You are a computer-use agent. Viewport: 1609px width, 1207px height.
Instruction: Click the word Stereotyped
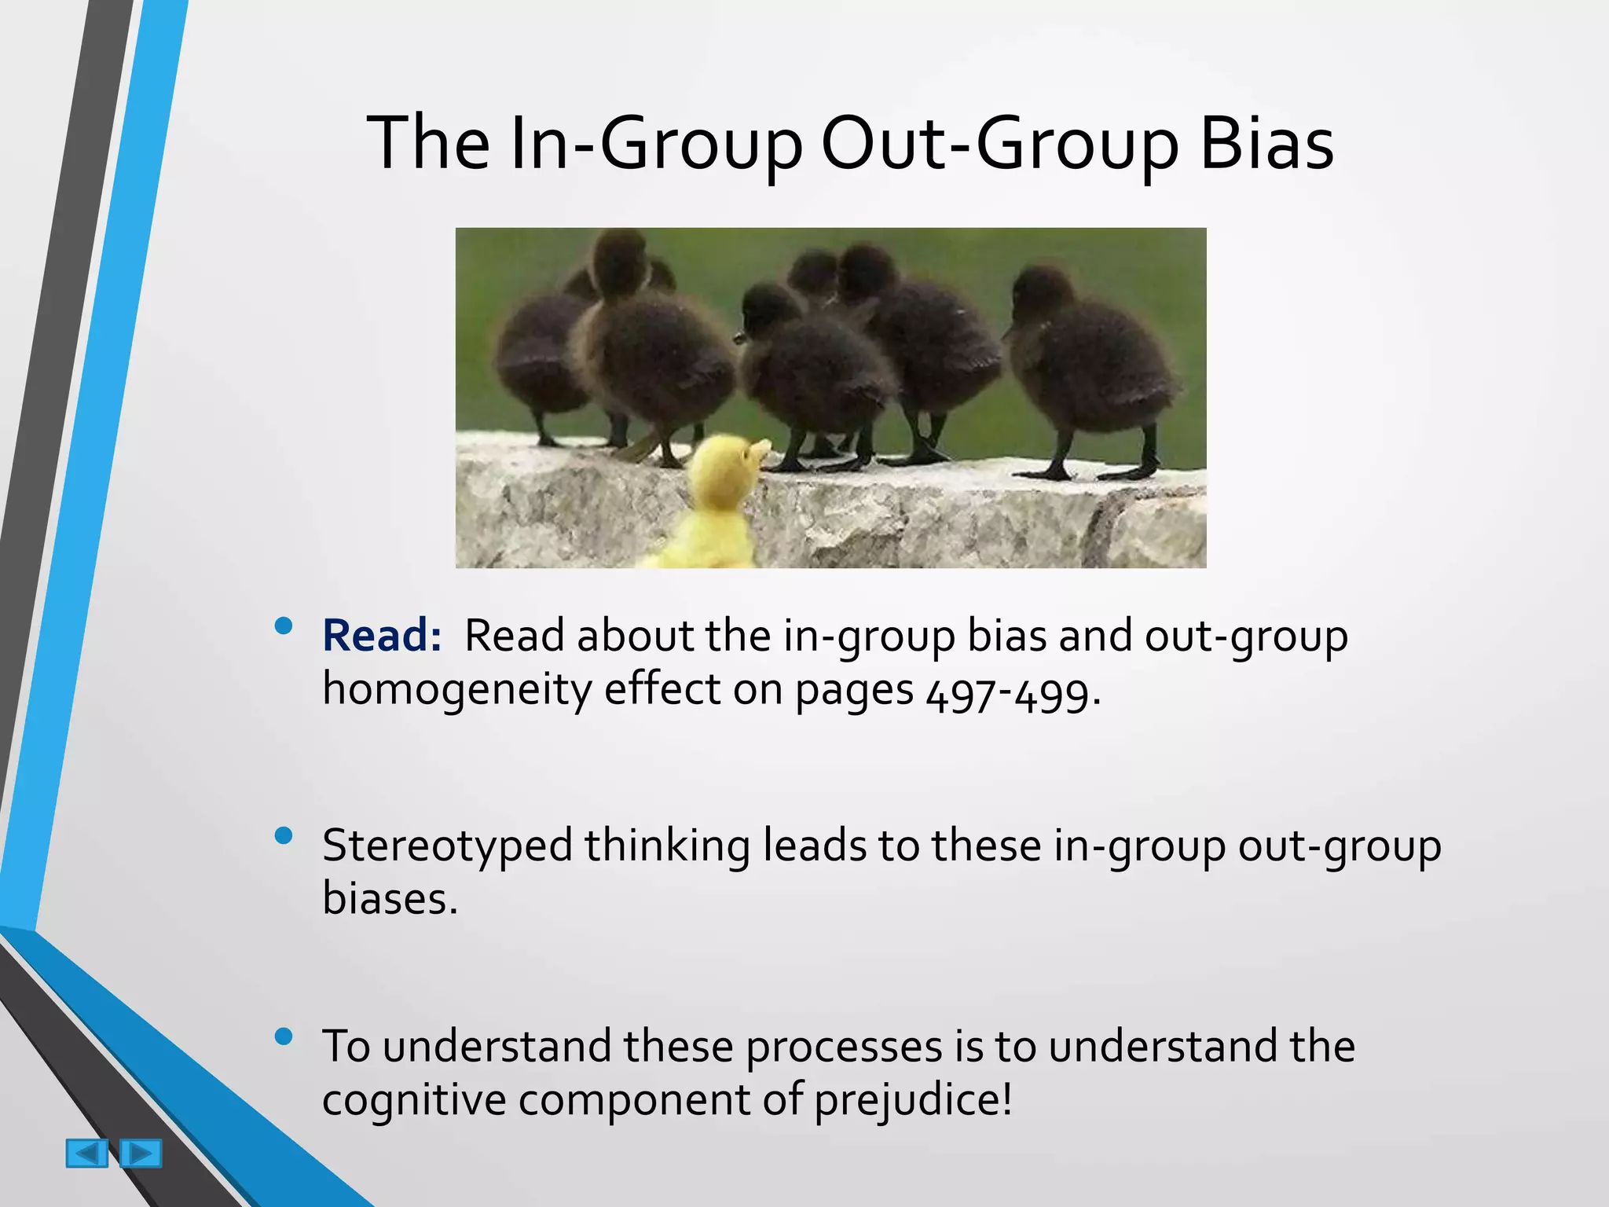(447, 847)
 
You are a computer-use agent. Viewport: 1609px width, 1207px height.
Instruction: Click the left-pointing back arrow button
(86, 1154)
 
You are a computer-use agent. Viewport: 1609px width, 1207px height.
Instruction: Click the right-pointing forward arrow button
(141, 1154)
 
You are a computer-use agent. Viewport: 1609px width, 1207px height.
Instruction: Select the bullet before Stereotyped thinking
(284, 835)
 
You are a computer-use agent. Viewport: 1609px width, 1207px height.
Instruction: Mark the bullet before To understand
(284, 1037)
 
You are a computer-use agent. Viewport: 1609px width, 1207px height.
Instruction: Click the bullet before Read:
(284, 626)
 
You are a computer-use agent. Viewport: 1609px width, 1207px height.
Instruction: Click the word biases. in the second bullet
(390, 898)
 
